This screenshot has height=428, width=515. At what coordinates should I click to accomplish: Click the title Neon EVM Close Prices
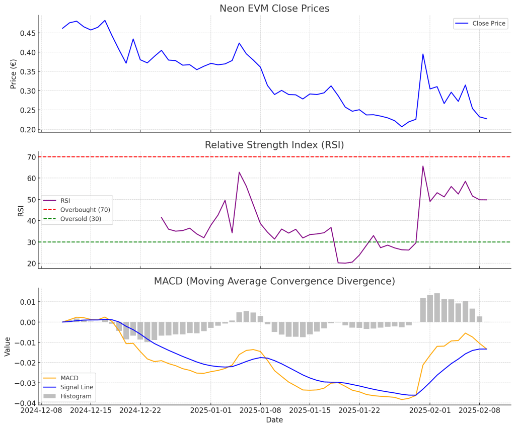274,9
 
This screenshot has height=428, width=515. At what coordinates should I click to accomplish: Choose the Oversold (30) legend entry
81,219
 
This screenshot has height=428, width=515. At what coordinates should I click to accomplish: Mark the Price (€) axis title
14,73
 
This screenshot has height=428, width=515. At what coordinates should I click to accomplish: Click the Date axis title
274,420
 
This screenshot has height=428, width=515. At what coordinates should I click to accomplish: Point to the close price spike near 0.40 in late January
423,54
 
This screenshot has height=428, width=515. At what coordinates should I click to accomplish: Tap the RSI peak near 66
423,166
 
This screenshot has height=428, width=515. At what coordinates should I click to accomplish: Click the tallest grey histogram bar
437,307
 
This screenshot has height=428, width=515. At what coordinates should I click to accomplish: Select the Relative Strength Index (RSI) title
274,145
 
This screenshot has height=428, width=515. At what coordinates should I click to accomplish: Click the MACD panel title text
274,281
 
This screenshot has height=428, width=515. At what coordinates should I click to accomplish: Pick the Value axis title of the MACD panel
8,347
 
